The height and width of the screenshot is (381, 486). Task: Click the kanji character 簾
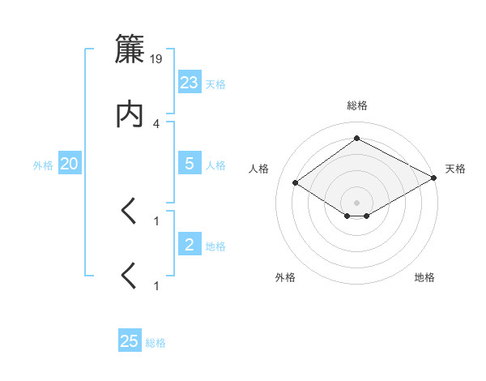[130, 49]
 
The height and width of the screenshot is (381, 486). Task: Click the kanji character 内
[130, 115]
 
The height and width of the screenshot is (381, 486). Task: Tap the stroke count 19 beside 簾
[157, 58]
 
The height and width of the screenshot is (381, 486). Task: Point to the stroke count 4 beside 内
[156, 123]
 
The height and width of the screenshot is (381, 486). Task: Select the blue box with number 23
[190, 83]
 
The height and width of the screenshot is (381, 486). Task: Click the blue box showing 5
[190, 164]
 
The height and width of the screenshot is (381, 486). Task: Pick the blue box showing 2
[190, 245]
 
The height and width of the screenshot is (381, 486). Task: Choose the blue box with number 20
[70, 164]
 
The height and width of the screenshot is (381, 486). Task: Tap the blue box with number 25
[130, 341]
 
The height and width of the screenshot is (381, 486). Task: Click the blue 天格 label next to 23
[215, 84]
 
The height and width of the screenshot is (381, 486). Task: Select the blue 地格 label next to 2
[215, 246]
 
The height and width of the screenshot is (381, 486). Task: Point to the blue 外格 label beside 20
[43, 165]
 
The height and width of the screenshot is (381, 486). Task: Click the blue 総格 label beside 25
[156, 343]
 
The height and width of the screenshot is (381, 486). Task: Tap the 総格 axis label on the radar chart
[357, 105]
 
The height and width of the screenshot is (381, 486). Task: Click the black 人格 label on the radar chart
[259, 169]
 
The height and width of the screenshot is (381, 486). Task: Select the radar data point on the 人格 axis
[296, 183]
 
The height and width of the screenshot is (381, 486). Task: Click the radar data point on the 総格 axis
[357, 139]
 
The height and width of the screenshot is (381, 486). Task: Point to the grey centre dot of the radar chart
[357, 202]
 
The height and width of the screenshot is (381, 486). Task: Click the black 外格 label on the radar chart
[285, 277]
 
